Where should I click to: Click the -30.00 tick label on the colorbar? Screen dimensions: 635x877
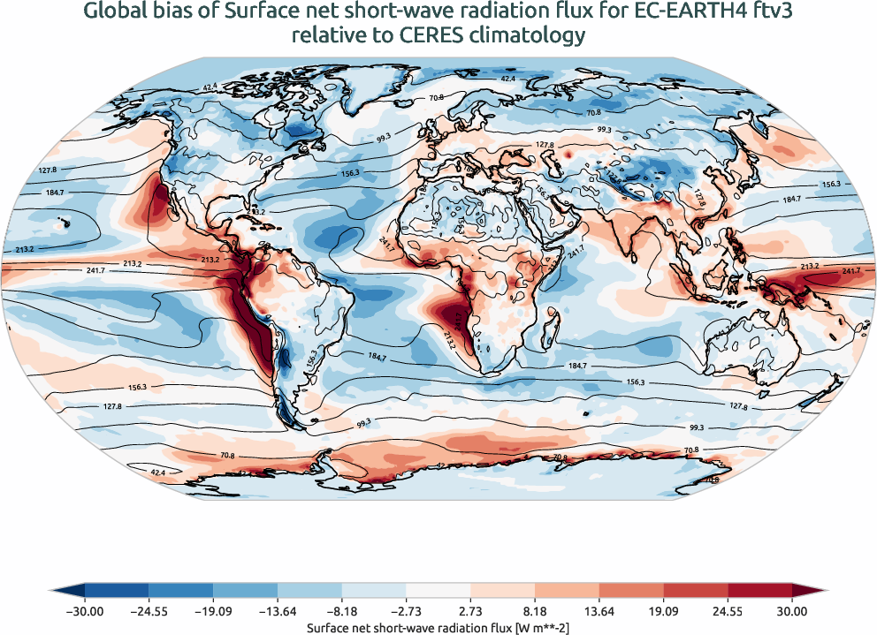85,610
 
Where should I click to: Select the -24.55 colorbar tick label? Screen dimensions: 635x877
149,610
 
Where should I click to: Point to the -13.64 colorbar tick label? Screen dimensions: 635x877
278,610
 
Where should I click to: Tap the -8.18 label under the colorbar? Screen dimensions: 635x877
342,610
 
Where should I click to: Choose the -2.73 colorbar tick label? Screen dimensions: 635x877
406,610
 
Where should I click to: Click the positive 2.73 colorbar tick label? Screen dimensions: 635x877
471,610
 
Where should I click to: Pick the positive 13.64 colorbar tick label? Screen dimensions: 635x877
599,610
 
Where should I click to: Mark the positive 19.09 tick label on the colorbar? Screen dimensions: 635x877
664,610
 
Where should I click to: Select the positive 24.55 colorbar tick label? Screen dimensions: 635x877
728,610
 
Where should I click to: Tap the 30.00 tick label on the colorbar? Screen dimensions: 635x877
792,610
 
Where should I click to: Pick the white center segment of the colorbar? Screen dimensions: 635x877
438,590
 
